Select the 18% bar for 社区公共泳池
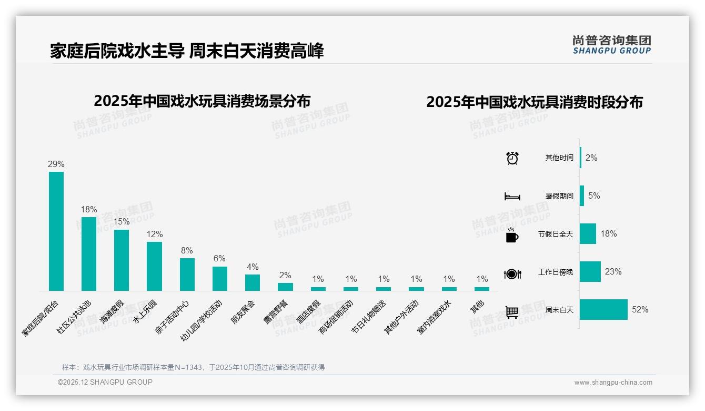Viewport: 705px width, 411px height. pos(89,253)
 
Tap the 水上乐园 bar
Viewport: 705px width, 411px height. pos(154,266)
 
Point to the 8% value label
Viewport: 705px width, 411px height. pos(187,251)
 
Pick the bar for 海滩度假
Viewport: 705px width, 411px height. pos(122,260)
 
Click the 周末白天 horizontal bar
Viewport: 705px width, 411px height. pos(603,310)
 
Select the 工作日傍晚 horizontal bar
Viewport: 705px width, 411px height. pos(590,272)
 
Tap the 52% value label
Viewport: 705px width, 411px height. pos(640,310)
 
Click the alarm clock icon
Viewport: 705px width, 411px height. pos(512,158)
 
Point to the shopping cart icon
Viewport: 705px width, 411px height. pos(512,312)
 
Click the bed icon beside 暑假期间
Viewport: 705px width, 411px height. pos(512,197)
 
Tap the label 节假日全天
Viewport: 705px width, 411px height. pos(556,234)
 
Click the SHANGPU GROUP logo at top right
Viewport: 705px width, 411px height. pos(612,45)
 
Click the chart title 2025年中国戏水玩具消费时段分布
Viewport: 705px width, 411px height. pos(535,102)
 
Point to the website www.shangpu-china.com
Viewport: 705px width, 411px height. pos(613,383)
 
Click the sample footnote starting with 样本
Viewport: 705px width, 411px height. pos(193,367)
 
